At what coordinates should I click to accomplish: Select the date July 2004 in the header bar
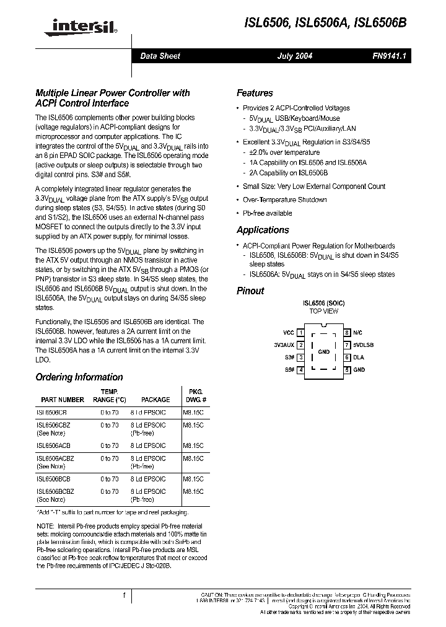tap(294, 56)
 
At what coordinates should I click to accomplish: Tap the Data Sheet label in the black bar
tap(160, 56)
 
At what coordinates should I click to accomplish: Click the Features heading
tap(255, 93)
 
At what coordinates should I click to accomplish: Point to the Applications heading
tap(263, 230)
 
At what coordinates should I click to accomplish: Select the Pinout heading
tap(250, 291)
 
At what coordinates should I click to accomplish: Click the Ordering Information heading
tap(79, 377)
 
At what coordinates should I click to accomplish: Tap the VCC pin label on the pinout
tap(289, 333)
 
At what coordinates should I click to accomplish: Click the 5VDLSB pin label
tap(364, 345)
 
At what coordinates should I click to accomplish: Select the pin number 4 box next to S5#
tap(300, 370)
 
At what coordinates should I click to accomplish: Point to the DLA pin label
tap(359, 357)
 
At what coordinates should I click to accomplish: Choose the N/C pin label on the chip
tap(357, 333)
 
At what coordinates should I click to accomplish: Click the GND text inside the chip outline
tap(323, 351)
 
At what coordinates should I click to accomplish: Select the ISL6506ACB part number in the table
tap(53, 445)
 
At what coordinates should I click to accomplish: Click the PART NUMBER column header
tap(63, 400)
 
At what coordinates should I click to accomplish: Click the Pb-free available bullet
tap(267, 213)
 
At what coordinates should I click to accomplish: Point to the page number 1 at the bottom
tap(124, 596)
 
